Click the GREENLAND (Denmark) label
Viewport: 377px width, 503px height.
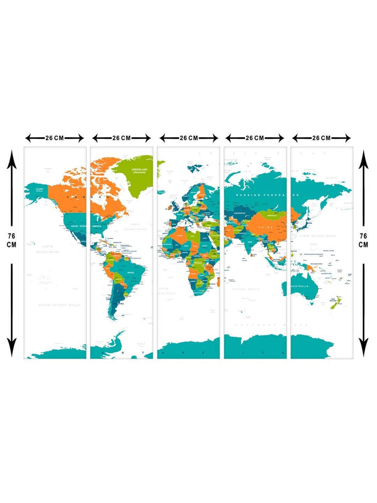click(x=139, y=171)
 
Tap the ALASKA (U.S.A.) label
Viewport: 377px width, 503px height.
click(x=39, y=190)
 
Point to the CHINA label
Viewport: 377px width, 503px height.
click(x=265, y=227)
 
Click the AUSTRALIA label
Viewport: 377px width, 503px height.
click(x=300, y=286)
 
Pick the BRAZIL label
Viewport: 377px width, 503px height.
click(x=131, y=272)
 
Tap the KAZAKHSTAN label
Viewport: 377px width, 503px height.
click(x=239, y=213)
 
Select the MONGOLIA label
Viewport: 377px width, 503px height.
click(x=272, y=216)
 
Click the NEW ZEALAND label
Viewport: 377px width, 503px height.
click(x=333, y=300)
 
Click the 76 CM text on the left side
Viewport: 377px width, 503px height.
click(x=12, y=240)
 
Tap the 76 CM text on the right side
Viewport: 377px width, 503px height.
click(x=363, y=240)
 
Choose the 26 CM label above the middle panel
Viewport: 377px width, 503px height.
click(x=189, y=138)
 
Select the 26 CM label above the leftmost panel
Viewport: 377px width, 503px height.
click(x=55, y=138)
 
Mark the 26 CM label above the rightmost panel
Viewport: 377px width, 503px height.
click(x=321, y=138)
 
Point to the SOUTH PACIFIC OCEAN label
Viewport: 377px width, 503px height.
click(x=60, y=305)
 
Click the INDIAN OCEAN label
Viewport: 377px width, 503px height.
click(x=246, y=289)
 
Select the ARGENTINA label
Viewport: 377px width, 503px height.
click(x=118, y=304)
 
